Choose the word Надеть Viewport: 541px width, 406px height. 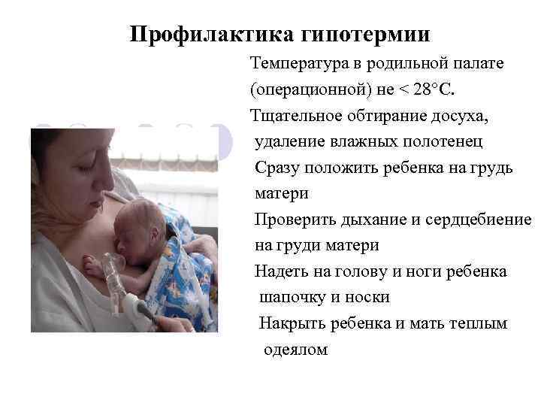pos(279,271)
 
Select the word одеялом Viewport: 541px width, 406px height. pos(295,350)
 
